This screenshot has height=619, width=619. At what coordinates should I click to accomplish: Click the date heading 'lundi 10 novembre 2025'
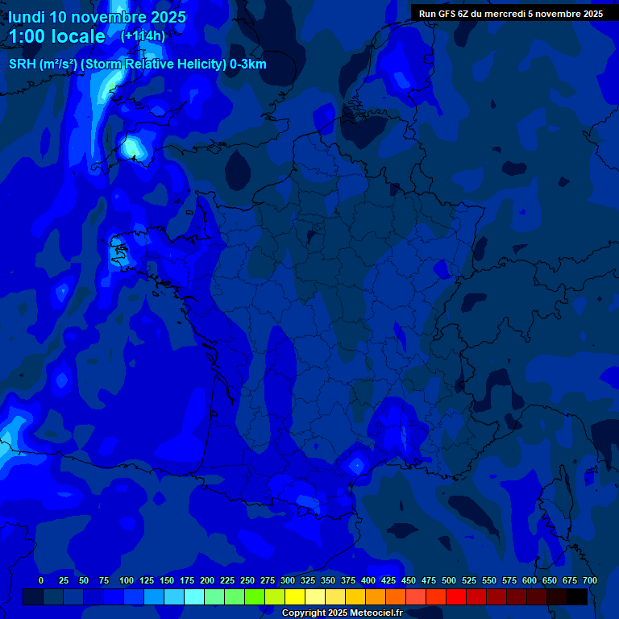pos(97,17)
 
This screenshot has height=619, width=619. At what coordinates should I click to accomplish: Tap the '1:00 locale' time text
pos(56,36)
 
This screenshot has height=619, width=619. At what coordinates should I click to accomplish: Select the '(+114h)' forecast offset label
pos(143,35)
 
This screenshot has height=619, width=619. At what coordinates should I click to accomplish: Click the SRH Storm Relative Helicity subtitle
pos(137,64)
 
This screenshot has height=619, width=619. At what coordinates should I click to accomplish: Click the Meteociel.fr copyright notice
pos(342,613)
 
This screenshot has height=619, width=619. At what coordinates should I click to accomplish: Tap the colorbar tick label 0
pos(41,580)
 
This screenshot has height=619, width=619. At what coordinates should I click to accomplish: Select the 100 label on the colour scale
pos(127,580)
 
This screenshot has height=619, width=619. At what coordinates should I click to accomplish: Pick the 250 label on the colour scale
pos(247,580)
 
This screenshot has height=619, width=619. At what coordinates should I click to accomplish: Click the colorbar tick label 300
pos(288,580)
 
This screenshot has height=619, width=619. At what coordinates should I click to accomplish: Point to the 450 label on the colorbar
pos(409,580)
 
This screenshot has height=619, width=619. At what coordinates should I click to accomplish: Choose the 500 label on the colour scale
pos(449,580)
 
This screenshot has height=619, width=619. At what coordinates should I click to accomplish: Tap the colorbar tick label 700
pos(589,580)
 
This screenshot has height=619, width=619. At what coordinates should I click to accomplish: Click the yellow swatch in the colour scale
pos(295,596)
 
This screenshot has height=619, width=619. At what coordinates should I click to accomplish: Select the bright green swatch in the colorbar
pos(235,596)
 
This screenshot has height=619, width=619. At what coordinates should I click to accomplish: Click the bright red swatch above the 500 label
pos(456,596)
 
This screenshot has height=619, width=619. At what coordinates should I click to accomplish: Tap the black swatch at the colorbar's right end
pos(577,596)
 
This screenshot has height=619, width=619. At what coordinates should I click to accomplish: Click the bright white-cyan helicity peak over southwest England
pos(131,147)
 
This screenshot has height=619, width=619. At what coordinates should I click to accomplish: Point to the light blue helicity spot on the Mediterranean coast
pos(355,464)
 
